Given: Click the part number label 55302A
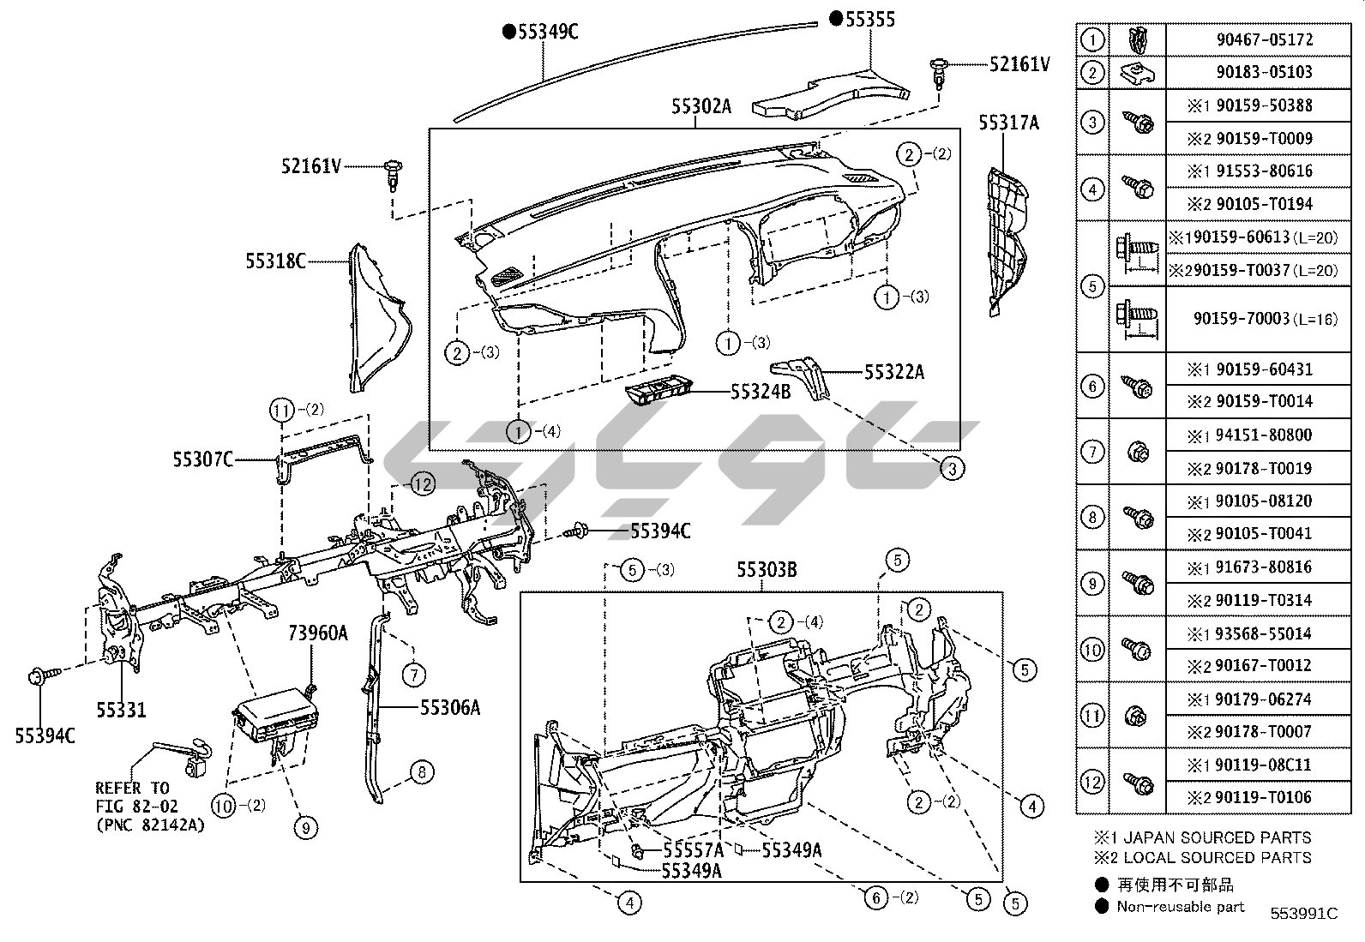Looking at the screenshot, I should (701, 106).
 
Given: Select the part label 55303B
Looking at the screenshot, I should (767, 569).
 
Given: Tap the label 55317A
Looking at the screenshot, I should (1008, 123).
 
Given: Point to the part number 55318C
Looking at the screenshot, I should (275, 261).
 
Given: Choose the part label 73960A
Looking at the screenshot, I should (317, 633).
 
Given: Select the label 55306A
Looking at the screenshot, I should (449, 707).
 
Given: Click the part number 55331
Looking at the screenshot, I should (121, 710).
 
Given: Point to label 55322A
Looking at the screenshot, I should (894, 372).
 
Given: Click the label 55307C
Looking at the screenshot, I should (202, 460).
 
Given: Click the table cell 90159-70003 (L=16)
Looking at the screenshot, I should (1264, 319).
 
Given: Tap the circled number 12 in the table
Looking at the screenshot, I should (1091, 782).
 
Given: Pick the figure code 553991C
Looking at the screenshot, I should (1303, 913).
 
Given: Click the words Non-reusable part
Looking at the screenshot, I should (1180, 906).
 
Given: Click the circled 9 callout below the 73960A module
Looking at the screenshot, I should (304, 827).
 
